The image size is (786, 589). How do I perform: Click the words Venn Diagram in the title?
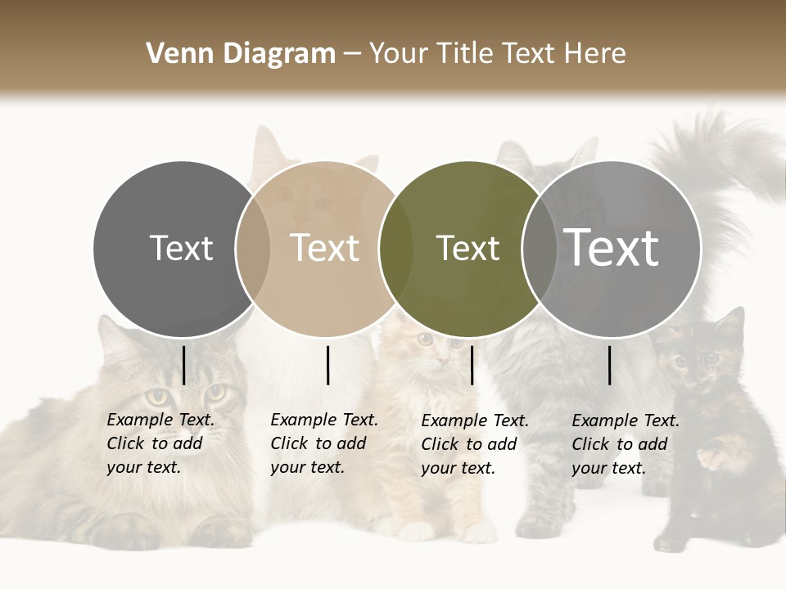pos(241,54)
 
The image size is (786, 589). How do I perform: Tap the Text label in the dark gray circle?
pos(181,248)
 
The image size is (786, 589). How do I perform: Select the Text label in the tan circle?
pos(324,248)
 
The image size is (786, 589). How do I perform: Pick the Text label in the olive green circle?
pos(468,248)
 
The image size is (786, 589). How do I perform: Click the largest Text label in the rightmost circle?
pos(612,248)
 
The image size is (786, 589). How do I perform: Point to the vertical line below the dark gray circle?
pos(183,365)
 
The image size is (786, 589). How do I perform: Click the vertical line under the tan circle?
pos(327,365)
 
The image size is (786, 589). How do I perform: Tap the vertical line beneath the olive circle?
pos(472,365)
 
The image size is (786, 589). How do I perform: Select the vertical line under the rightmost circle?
pos(609,365)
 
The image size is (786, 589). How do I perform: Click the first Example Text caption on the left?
pos(160,443)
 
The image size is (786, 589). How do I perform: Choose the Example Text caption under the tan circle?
pos(323,443)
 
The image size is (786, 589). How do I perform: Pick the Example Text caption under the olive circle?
pos(474,444)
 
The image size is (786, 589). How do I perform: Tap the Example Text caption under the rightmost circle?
pos(625,444)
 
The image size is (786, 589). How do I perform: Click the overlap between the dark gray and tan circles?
pos(253,248)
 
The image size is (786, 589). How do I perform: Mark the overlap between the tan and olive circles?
pos(396,248)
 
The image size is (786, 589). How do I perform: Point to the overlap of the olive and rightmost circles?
pos(539,248)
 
